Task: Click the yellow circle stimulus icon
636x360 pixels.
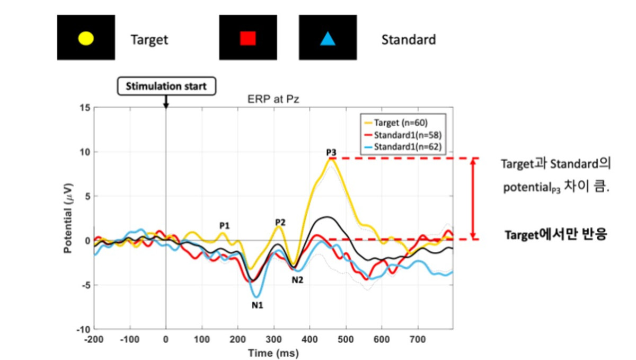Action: (86, 38)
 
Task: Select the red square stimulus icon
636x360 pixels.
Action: (248, 38)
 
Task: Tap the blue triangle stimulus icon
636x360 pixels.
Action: (328, 38)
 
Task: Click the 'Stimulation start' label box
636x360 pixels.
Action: (166, 85)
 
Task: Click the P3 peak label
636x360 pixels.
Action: (331, 153)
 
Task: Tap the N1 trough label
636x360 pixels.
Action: (258, 305)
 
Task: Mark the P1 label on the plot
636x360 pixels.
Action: (224, 225)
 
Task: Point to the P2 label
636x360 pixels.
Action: (280, 222)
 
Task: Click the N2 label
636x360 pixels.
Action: (297, 279)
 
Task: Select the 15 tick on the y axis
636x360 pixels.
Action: (84, 108)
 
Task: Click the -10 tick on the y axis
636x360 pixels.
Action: (83, 329)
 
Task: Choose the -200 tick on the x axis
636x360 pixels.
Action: (94, 338)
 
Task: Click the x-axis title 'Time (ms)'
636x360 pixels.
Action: (273, 352)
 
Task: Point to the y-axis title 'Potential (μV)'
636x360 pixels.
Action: (68, 218)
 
